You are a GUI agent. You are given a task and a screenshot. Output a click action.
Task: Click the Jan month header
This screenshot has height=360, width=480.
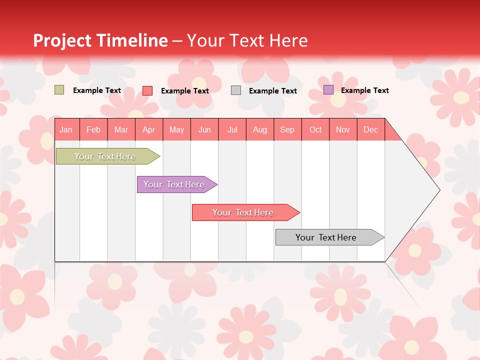click(x=66, y=129)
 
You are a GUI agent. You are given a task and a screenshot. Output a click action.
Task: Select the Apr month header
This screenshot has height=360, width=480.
click(x=148, y=129)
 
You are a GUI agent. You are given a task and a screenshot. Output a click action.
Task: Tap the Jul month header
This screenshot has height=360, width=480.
click(x=232, y=129)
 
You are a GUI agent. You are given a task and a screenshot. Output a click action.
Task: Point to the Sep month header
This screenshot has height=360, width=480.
click(x=287, y=129)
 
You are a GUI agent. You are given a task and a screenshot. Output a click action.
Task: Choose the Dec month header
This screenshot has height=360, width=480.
click(x=370, y=129)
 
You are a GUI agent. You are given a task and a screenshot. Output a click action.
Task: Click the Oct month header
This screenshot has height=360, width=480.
click(x=315, y=129)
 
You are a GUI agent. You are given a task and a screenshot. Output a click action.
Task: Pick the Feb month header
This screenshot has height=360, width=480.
click(x=93, y=129)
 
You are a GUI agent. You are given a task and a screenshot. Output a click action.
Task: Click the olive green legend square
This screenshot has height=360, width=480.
click(x=59, y=90)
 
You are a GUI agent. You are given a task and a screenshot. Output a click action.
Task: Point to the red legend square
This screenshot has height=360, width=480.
click(x=147, y=90)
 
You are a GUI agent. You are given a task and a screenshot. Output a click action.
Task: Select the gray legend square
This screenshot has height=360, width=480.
click(x=236, y=90)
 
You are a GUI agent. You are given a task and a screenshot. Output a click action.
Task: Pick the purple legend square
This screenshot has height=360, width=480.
click(x=328, y=90)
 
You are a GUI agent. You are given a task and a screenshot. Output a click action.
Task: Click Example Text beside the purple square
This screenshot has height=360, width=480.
click(x=364, y=90)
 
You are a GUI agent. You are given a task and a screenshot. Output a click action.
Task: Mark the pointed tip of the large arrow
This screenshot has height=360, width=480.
click(x=439, y=190)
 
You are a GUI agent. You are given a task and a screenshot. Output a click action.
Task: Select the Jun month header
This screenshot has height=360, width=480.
click(x=204, y=129)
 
